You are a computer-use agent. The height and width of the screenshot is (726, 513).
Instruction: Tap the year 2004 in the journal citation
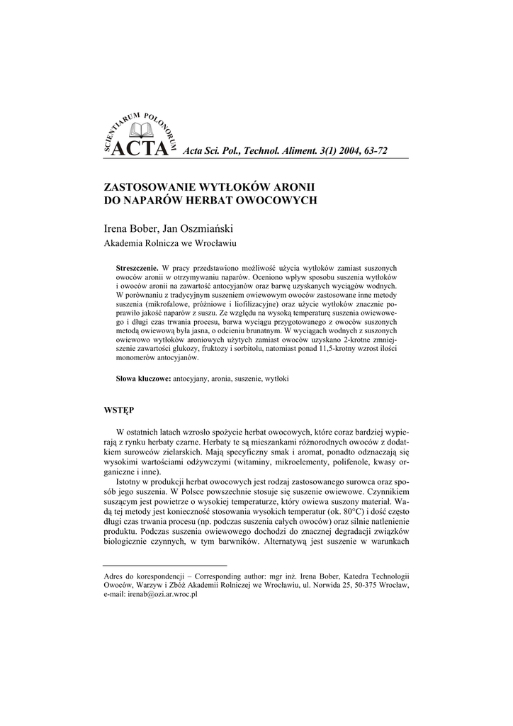tap(339, 151)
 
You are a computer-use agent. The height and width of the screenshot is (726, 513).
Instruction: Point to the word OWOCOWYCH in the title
tap(264, 201)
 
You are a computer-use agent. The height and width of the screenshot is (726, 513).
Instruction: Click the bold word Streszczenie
tap(137, 270)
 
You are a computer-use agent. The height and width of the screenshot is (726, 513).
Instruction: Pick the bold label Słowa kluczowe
tap(143, 379)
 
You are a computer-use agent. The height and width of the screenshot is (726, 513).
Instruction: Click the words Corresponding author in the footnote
tap(226, 575)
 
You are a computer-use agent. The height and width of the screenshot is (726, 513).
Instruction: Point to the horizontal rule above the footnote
tap(165, 566)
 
